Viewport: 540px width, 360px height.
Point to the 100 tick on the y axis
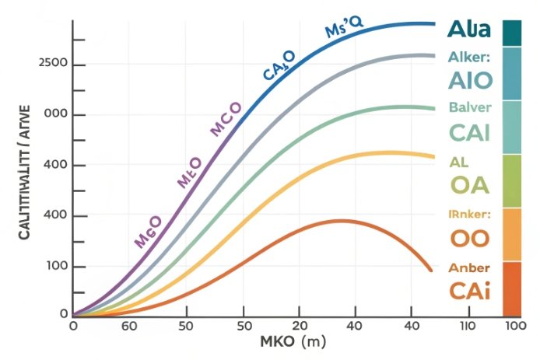tap(51, 267)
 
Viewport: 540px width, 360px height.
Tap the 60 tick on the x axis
tap(129, 326)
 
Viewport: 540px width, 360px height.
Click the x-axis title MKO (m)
tap(293, 343)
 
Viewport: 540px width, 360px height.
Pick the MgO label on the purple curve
tap(148, 232)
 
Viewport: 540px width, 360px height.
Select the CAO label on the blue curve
tap(279, 65)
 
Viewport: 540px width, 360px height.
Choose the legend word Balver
tap(469, 107)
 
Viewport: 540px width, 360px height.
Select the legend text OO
tap(469, 238)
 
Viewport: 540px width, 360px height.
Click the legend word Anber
tap(469, 268)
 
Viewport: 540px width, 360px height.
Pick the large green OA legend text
tap(469, 185)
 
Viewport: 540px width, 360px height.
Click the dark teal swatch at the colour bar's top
tap(512, 33)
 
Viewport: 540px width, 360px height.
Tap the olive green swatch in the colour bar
tap(512, 180)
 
